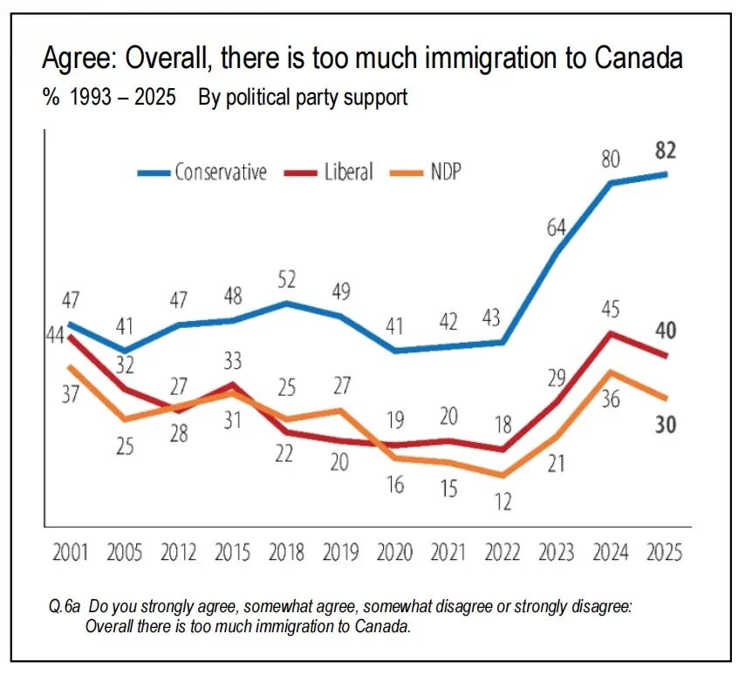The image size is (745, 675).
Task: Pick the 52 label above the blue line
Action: (288, 280)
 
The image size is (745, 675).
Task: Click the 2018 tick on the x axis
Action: (288, 553)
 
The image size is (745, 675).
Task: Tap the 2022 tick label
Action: (502, 553)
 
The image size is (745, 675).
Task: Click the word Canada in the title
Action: (639, 59)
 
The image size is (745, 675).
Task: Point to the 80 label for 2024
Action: (611, 159)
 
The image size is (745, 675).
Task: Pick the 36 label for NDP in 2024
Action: (611, 399)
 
